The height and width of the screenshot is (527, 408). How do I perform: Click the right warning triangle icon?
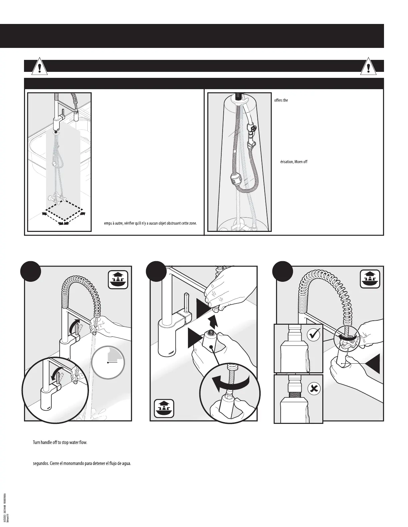[368, 68]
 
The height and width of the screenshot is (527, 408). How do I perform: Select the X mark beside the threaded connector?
[314, 388]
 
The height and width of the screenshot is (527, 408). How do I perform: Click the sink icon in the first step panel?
[118, 280]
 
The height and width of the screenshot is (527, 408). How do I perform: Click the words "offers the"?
[281, 100]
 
